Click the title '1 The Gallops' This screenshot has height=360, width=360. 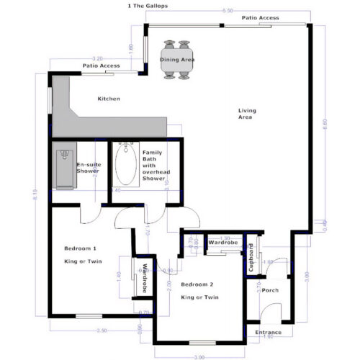pos(148,5)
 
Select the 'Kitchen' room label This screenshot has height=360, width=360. pos(109,99)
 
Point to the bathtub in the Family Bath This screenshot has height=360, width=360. pos(127,165)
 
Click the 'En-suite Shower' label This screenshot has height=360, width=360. pos(88,168)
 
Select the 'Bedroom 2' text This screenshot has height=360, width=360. pos(199,284)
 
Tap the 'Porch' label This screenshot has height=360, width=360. pos(270,290)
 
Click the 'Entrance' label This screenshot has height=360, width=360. pos(269,332)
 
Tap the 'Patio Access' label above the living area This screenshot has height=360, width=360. pos(260,18)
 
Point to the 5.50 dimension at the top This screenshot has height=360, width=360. pos(228,11)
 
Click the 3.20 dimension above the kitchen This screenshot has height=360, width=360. pos(99,58)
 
